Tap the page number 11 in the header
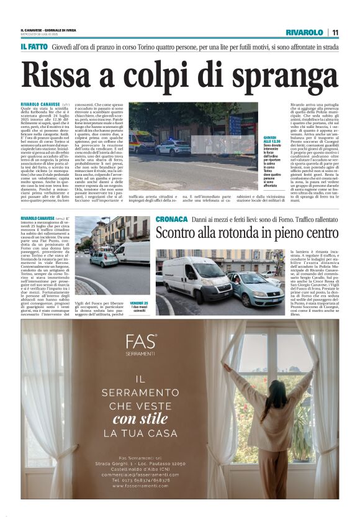[x=335, y=32]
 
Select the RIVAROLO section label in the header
[x=305, y=32]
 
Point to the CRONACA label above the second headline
[x=171, y=220]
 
